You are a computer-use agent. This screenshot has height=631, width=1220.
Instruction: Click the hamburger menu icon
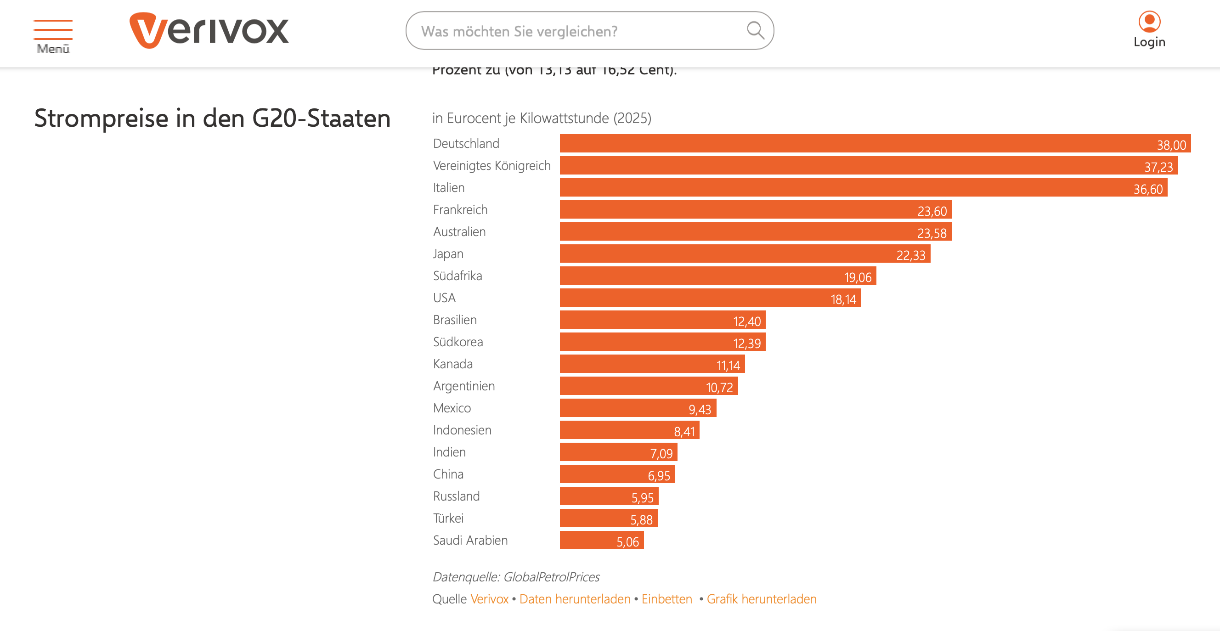coord(52,29)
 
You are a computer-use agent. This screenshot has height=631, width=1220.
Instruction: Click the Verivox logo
coord(209,31)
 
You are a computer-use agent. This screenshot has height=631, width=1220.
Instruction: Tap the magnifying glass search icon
coord(755,31)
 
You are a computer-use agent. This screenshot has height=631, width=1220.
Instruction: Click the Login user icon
coord(1149,22)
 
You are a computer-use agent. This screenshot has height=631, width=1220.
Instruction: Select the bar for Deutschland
coord(874,143)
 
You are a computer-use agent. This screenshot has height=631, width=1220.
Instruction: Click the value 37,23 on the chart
coord(1158,167)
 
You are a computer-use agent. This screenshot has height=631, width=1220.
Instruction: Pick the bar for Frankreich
coord(755,210)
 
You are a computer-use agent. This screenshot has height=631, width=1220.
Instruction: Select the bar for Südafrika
coord(717,276)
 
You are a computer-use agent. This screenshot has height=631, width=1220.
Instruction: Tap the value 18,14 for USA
coord(843,299)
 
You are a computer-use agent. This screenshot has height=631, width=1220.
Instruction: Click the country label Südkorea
coord(458,342)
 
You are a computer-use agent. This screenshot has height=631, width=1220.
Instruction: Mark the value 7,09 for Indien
coord(661,454)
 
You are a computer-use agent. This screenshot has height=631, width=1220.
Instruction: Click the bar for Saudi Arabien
coord(601,541)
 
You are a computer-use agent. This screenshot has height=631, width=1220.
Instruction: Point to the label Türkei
coord(448,518)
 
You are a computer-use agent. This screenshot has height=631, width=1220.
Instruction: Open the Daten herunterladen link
coord(575,599)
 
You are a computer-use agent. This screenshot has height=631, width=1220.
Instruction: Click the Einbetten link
coord(667,599)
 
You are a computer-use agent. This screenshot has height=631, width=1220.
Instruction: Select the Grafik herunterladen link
coord(762,599)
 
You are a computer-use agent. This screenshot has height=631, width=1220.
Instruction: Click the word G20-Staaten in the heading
coord(321,118)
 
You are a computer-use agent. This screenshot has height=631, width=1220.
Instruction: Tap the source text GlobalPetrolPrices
coord(551,577)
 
